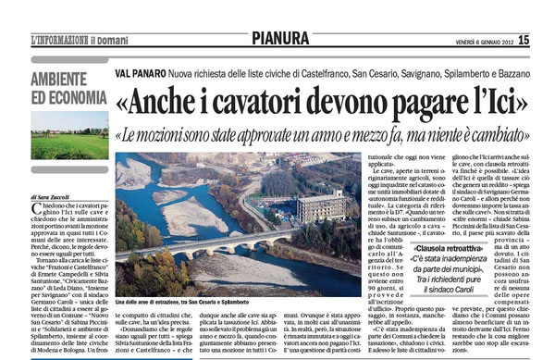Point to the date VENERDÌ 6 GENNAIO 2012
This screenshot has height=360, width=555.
coord(465,13)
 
